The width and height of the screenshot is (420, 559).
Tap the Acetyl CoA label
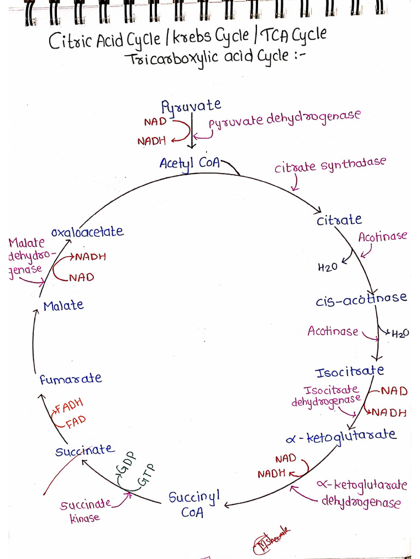pyautogui.click(x=190, y=164)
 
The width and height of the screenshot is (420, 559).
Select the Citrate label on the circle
pyautogui.click(x=339, y=219)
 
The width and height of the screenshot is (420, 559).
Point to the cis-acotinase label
pyautogui.click(x=361, y=299)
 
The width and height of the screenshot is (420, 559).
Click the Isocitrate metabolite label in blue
pyautogui.click(x=349, y=371)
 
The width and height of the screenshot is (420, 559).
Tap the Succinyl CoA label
pyautogui.click(x=194, y=504)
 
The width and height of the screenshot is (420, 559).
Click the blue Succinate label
pyautogui.click(x=85, y=450)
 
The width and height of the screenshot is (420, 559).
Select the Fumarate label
pyautogui.click(x=71, y=379)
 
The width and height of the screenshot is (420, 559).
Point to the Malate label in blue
pyautogui.click(x=63, y=306)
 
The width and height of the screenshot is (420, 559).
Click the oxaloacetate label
pyautogui.click(x=87, y=231)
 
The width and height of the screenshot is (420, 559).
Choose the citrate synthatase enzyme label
pyautogui.click(x=330, y=165)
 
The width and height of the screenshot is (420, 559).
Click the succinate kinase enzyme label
pyautogui.click(x=85, y=510)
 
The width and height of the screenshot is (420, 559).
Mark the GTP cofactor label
pyautogui.click(x=147, y=475)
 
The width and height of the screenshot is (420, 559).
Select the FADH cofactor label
pyautogui.click(x=69, y=406)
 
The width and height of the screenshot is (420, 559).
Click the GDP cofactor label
pyautogui.click(x=127, y=462)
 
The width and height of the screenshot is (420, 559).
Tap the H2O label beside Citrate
pyautogui.click(x=328, y=266)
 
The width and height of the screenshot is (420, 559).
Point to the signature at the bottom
pyautogui.click(x=271, y=540)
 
